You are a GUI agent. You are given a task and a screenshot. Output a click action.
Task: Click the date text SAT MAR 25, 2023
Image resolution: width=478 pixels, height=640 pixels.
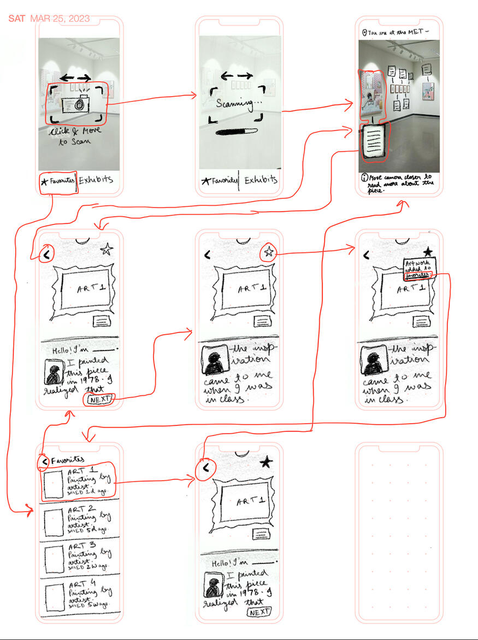[x=49, y=19]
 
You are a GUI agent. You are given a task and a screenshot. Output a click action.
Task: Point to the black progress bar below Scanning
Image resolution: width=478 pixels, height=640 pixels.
[x=236, y=132]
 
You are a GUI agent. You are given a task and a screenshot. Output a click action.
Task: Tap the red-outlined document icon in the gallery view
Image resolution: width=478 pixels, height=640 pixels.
[x=375, y=140]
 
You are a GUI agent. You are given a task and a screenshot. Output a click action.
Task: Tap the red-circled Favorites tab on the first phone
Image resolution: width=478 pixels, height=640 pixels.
[x=57, y=180]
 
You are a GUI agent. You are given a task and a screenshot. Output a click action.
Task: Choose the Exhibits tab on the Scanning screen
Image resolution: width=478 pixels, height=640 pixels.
[x=260, y=180]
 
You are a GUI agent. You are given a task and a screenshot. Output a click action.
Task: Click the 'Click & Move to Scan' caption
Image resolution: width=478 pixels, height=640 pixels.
[x=74, y=136]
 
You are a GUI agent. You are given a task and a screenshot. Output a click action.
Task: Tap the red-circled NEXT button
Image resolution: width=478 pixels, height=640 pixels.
[x=99, y=399]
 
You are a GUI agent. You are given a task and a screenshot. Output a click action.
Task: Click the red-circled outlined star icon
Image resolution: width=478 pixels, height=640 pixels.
[x=268, y=252]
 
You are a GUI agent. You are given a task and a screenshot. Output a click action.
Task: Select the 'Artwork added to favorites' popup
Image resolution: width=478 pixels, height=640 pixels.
[x=418, y=269]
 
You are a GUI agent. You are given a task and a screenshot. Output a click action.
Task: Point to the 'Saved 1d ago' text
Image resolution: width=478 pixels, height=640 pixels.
[x=87, y=491]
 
